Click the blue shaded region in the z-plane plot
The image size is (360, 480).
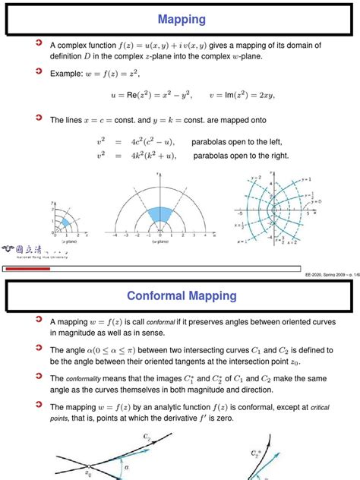(x=65, y=222)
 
